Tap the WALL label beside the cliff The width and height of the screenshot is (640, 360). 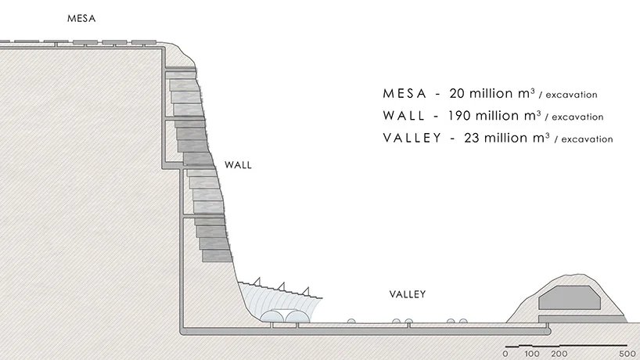(238, 166)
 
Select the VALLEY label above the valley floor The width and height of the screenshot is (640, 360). (407, 294)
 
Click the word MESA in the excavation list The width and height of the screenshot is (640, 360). (405, 93)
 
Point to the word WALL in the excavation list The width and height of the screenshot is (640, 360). (405, 116)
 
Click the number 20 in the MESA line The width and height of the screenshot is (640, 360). (455, 93)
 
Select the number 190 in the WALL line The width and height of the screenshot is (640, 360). (461, 116)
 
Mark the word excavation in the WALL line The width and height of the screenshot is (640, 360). (577, 117)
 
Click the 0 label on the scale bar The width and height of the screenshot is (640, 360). (507, 354)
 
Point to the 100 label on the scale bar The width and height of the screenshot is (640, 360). (532, 354)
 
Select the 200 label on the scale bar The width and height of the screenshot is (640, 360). (558, 354)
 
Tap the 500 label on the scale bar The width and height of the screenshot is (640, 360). (627, 354)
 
